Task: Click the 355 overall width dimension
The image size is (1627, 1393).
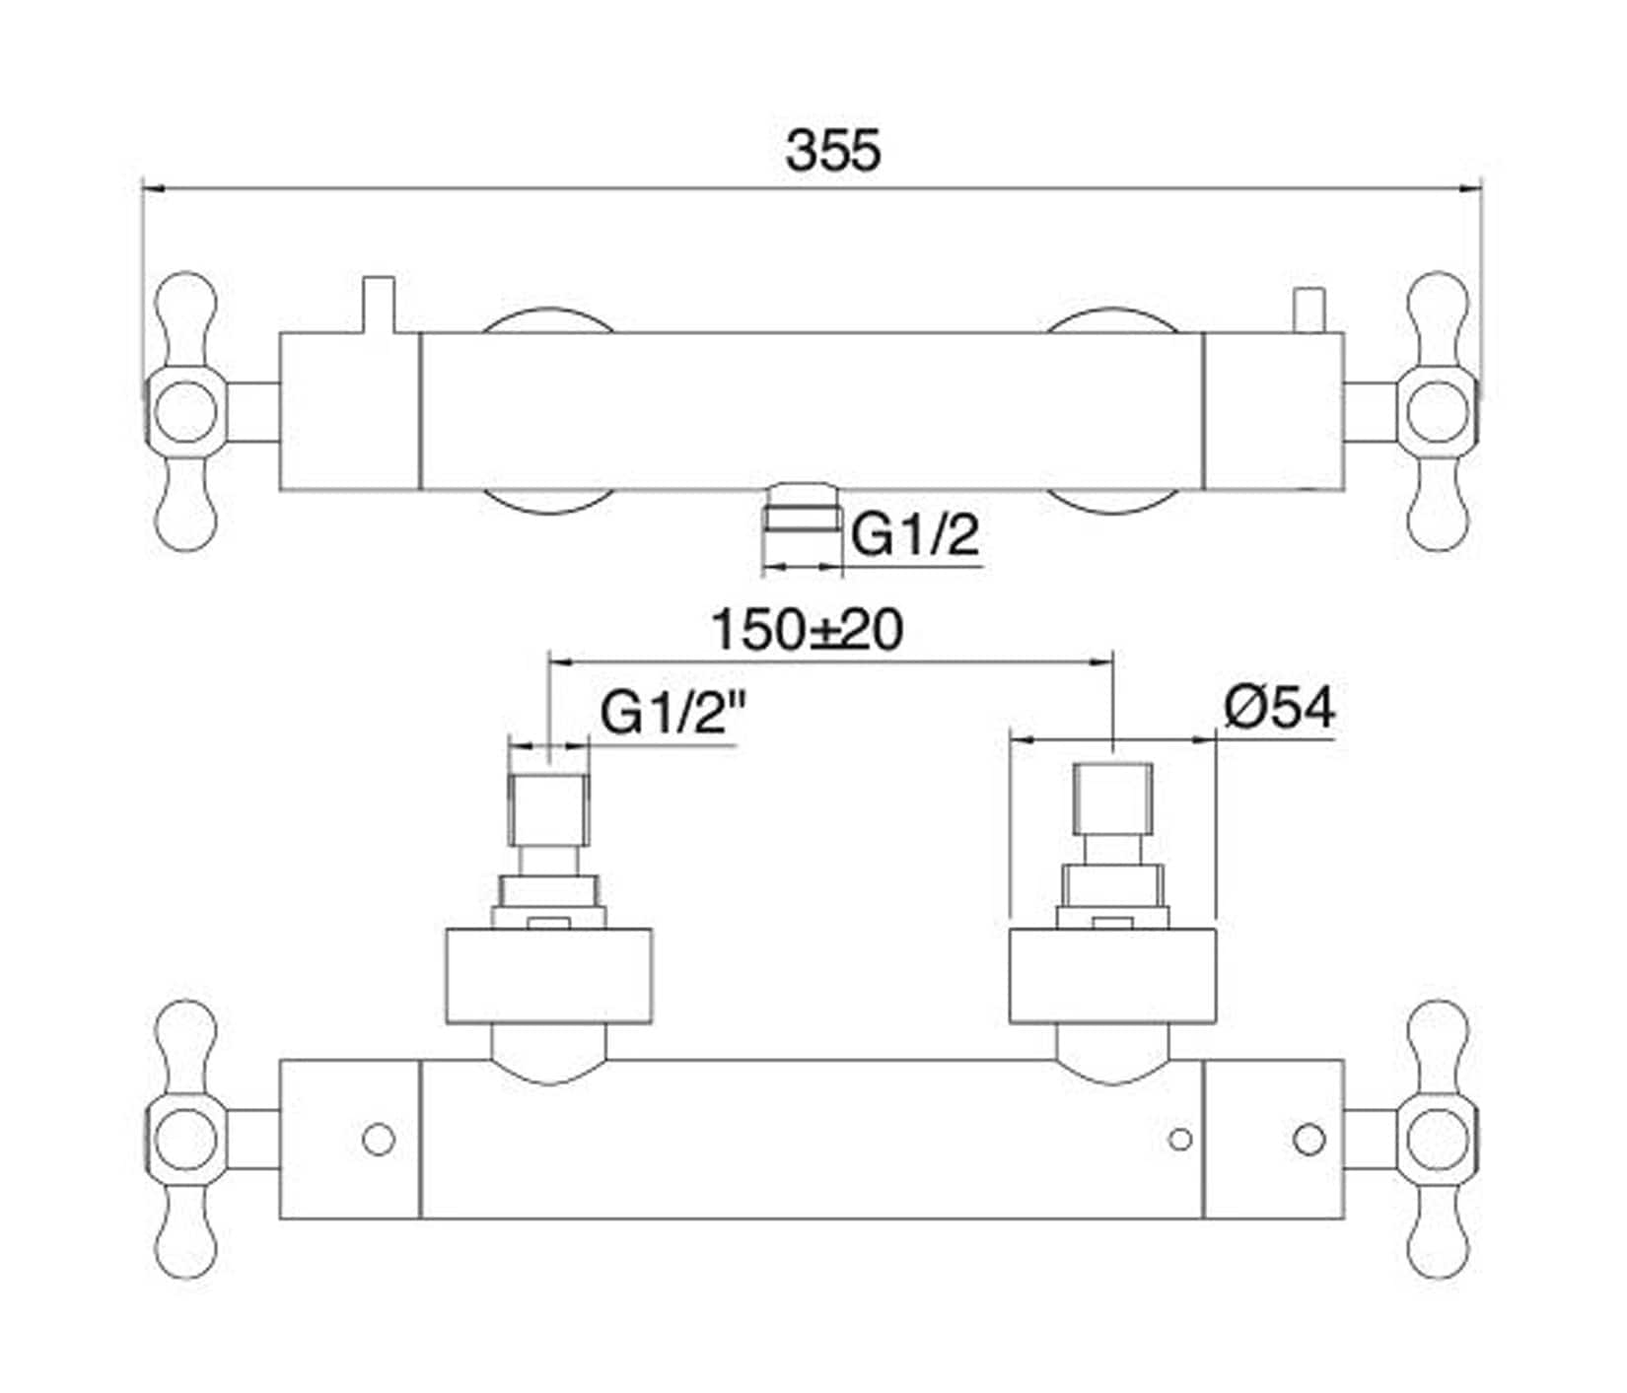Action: [x=833, y=152]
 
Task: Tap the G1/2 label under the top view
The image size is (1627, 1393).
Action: [x=916, y=536]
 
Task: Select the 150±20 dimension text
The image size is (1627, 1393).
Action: [x=807, y=630]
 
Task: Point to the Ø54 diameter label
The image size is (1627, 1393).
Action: [x=1280, y=707]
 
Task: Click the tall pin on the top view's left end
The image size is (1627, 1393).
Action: [x=378, y=305]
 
